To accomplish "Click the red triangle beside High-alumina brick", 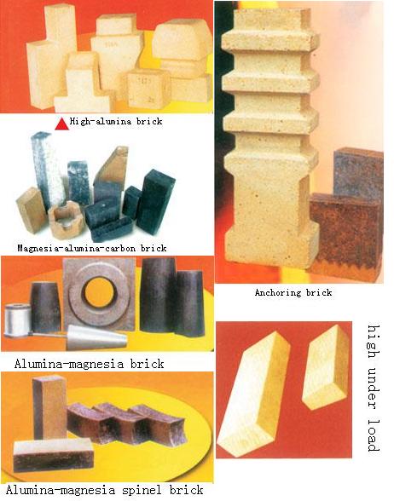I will (x=61, y=123).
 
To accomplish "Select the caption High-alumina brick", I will (x=115, y=123).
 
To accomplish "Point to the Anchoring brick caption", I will (x=293, y=292).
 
